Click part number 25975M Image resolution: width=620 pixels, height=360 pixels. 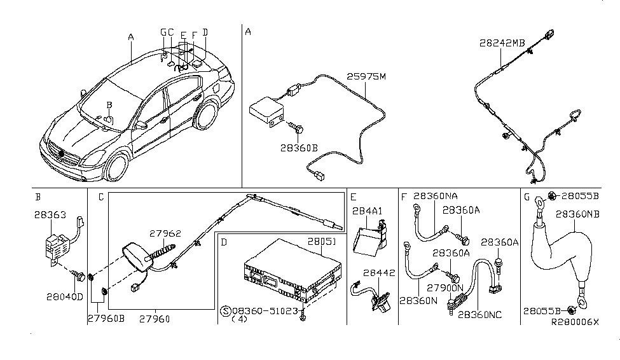(366, 78)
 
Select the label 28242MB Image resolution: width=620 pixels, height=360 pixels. (502, 43)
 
